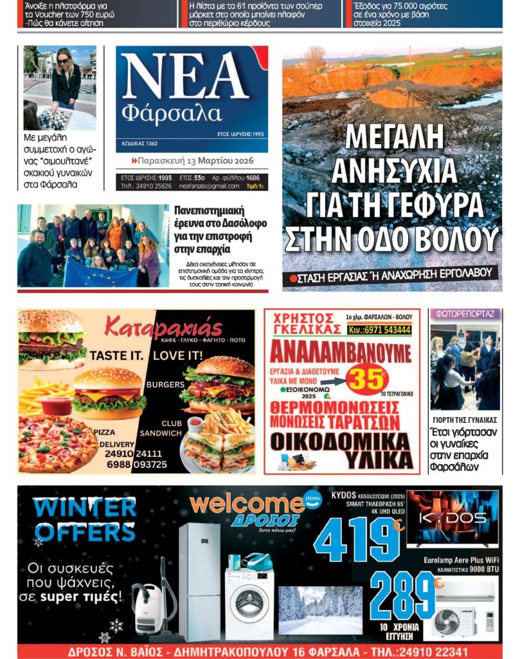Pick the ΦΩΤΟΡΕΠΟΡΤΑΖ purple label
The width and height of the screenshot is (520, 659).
click(x=465, y=314)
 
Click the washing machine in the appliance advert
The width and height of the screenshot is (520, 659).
click(x=250, y=603)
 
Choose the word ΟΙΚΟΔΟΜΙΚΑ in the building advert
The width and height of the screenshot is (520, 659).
click(x=340, y=441)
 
